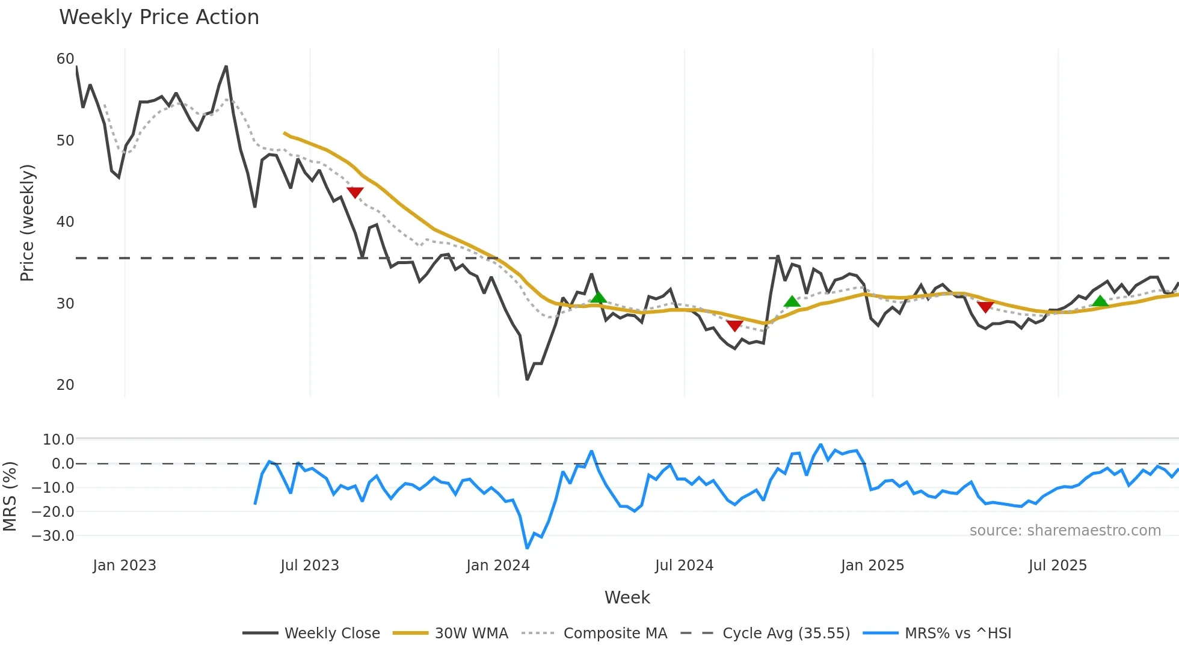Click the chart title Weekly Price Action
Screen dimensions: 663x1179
(159, 17)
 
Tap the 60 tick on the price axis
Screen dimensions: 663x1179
(65, 59)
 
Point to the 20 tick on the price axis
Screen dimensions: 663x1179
(65, 385)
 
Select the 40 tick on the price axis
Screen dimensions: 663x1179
(65, 222)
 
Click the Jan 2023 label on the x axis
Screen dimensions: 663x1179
(125, 566)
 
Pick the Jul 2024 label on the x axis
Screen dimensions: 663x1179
(684, 566)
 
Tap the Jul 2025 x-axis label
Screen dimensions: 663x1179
(1057, 566)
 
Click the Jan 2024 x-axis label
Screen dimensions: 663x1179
(498, 566)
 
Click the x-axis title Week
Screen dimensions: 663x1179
(627, 597)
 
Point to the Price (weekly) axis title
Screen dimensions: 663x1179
(28, 223)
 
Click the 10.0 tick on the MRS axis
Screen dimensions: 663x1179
(58, 440)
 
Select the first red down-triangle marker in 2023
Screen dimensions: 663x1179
(355, 193)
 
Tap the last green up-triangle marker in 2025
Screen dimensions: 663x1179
(1100, 301)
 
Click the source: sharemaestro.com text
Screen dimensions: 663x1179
(1065, 531)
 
